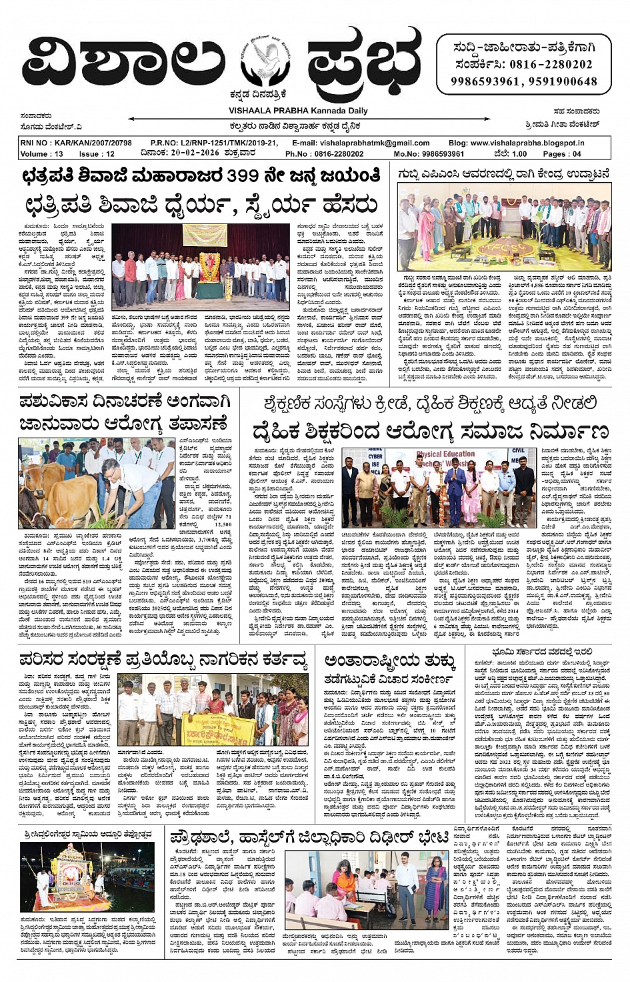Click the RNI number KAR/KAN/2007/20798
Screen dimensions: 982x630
click(90, 143)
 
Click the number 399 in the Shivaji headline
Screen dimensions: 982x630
click(249, 176)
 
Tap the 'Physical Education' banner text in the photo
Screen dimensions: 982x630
click(445, 456)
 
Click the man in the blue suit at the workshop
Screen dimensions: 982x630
click(455, 493)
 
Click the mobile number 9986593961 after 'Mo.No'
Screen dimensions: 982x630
click(438, 153)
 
